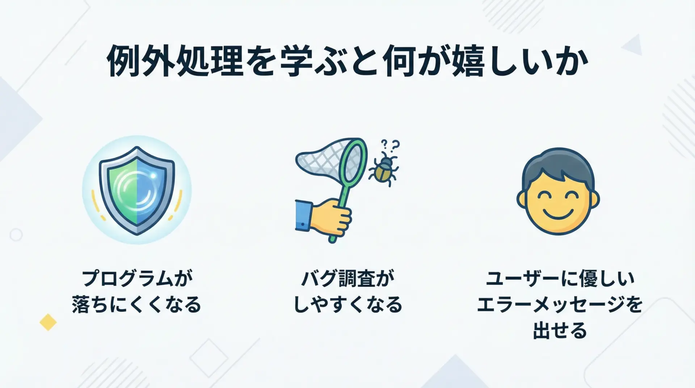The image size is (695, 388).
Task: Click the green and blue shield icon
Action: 137,190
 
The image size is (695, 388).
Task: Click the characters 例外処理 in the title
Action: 175,61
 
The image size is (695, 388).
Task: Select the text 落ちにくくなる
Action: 136,304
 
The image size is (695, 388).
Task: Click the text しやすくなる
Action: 347,304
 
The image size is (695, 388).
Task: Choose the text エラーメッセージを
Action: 560,304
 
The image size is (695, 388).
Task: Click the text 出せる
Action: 560,330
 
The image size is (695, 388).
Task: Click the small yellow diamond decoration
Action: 48,322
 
